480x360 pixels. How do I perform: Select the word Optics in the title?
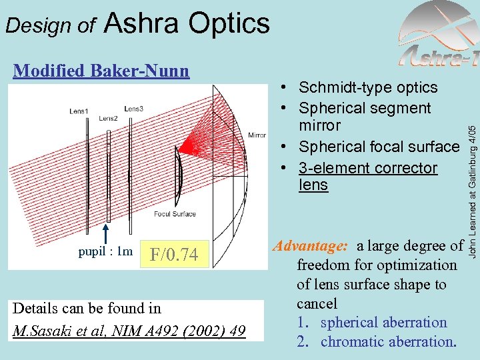pos(229,23)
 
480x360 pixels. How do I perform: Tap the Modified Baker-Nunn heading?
pos(101,70)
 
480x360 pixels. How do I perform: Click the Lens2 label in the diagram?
pos(108,119)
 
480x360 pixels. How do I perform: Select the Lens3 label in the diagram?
pos(133,109)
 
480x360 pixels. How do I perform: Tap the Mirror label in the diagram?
pos(256,135)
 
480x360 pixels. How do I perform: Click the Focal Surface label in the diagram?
pos(175,214)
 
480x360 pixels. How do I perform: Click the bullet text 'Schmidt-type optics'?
pos(368,87)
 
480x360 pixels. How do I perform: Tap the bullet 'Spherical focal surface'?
pos(379,147)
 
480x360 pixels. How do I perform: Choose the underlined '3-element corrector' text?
pos(368,168)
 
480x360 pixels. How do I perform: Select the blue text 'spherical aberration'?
pos(383,323)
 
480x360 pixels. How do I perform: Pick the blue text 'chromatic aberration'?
pos(388,342)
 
